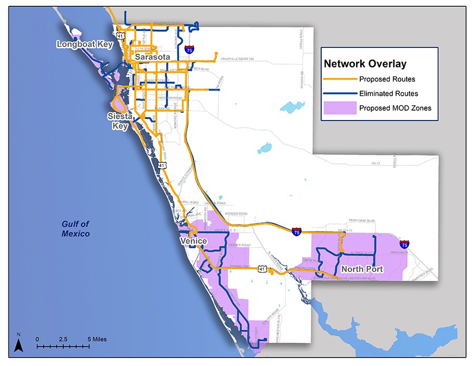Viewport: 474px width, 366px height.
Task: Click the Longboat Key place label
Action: click(85, 45)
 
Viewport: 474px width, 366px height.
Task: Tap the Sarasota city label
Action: click(153, 57)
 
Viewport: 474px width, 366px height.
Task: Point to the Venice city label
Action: click(193, 241)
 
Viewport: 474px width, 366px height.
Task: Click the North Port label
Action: click(362, 269)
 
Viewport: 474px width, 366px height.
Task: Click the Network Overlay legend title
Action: click(365, 64)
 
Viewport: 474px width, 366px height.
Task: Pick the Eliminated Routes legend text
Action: click(388, 94)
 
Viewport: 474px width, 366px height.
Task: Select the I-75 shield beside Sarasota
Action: click(189, 50)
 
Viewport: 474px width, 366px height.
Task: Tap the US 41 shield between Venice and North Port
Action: click(262, 269)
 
